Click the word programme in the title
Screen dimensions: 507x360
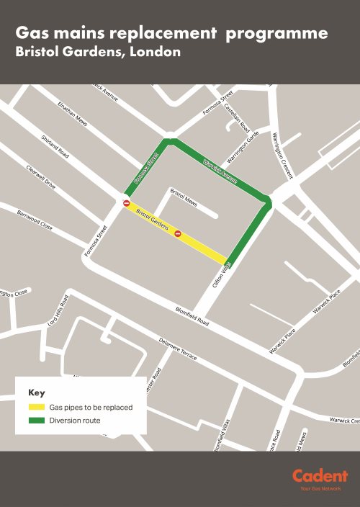pyautogui.click(x=283, y=33)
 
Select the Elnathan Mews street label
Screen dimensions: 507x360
pyautogui.click(x=73, y=114)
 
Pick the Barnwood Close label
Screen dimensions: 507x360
pyautogui.click(x=35, y=220)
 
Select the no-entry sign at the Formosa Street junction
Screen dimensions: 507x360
pyautogui.click(x=127, y=204)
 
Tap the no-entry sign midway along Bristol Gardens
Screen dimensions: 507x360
pyautogui.click(x=177, y=233)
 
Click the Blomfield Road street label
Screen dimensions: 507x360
pyautogui.click(x=192, y=317)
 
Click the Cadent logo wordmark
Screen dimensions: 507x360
pyautogui.click(x=320, y=476)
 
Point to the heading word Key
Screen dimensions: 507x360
pyautogui.click(x=37, y=393)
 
